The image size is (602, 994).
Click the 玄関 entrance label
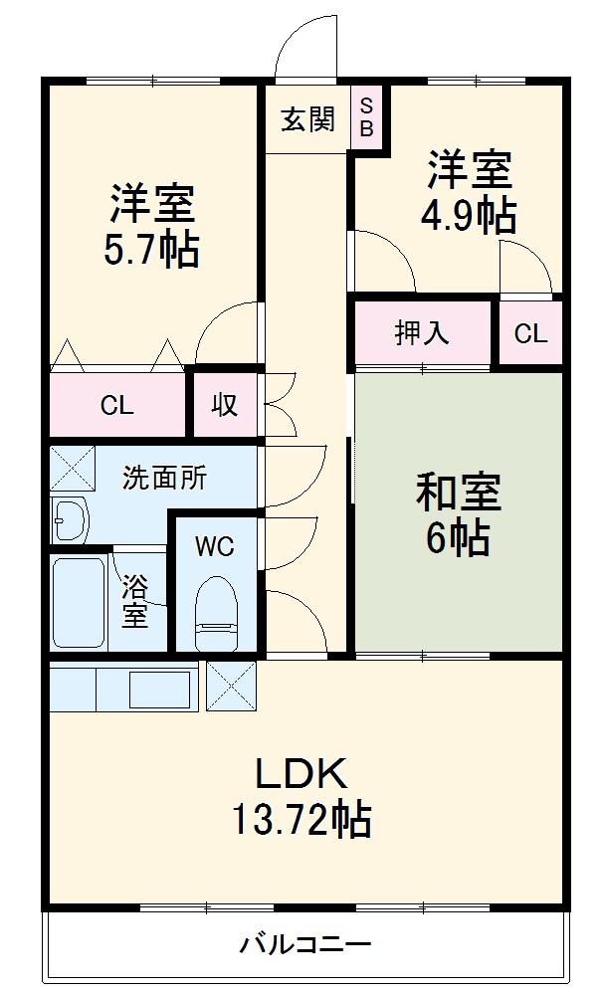[x=307, y=119]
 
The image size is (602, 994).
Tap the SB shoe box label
[x=366, y=116]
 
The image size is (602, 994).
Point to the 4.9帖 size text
[x=469, y=215]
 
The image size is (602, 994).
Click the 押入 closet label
[x=422, y=332]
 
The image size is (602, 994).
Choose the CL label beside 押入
[x=530, y=333]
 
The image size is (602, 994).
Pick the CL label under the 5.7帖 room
[x=116, y=405]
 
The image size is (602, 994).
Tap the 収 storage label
[x=224, y=405]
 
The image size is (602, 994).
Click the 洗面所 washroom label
[x=164, y=478]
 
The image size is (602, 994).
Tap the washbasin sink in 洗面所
[x=71, y=518]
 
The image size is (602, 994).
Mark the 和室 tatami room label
[x=458, y=492]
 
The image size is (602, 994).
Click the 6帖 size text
[x=457, y=538]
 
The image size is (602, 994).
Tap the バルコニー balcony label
[x=304, y=944]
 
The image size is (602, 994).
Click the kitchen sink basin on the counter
[x=159, y=688]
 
